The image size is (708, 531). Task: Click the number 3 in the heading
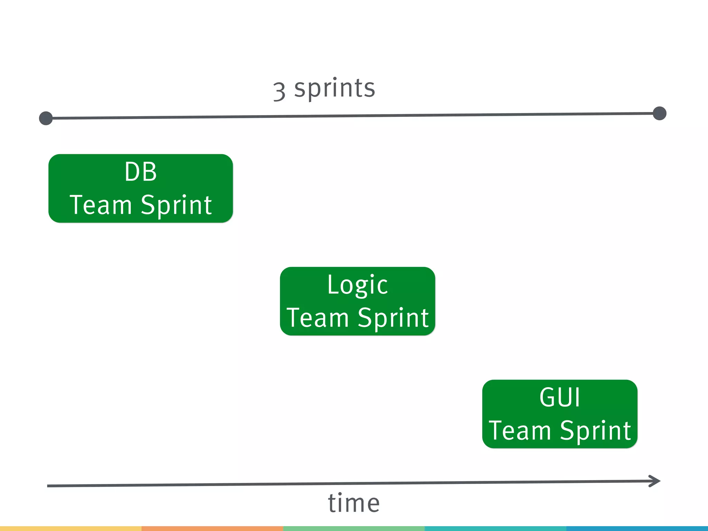pos(279,92)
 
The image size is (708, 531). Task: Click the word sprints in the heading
pos(335,88)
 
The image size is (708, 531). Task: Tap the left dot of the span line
pos(46,118)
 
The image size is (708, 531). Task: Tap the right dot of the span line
pos(660,113)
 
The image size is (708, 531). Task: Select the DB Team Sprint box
pos(141,188)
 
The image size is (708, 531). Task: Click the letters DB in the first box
pos(141,172)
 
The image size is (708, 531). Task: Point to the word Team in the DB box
pos(101,205)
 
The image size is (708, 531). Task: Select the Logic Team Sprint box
pos(357,301)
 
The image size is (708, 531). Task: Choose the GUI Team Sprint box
pos(560,414)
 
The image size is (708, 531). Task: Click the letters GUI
pos(560,398)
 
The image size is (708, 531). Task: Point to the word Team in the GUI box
pos(520,431)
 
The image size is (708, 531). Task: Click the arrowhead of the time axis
pos(655,481)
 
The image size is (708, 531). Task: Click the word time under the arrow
pos(354,503)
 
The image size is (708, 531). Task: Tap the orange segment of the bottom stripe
pos(212,529)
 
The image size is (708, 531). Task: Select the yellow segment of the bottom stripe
pos(71,529)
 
